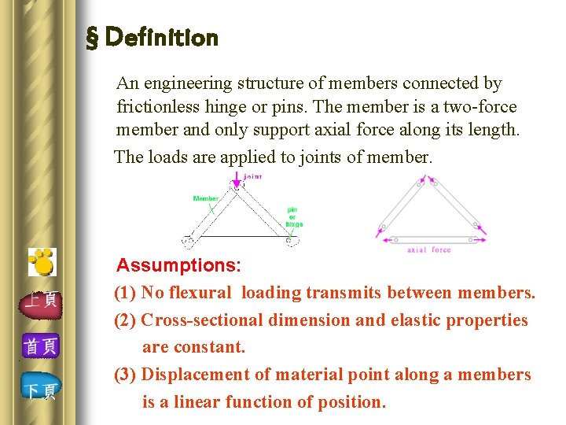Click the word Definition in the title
[x=161, y=37]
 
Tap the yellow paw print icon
[x=42, y=262]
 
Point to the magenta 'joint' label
[x=253, y=176]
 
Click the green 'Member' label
[x=205, y=198]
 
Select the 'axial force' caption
[x=428, y=250]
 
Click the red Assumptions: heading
[x=178, y=264]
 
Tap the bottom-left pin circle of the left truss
[x=187, y=241]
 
